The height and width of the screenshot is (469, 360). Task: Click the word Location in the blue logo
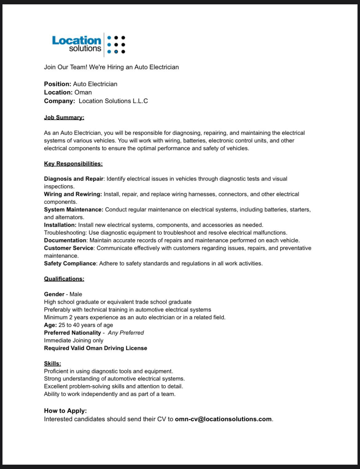[76, 40]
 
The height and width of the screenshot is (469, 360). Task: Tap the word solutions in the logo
[85, 49]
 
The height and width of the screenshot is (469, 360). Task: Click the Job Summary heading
[64, 117]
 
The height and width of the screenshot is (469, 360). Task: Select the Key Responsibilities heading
[73, 164]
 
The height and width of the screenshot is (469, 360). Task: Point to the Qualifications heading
[64, 279]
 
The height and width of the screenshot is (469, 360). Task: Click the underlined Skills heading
[52, 363]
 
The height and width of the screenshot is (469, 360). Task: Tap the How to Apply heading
[65, 410]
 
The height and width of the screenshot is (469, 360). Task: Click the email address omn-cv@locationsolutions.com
[223, 419]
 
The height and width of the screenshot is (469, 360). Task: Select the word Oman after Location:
[83, 92]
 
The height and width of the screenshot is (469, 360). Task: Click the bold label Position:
[58, 84]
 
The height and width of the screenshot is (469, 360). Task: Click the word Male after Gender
[76, 294]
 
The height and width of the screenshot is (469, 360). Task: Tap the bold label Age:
[50, 325]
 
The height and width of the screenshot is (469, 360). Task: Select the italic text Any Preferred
[126, 333]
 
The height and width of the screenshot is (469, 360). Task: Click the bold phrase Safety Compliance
[70, 263]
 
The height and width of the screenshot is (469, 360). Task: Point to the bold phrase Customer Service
[68, 248]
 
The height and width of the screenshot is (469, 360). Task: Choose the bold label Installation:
[60, 225]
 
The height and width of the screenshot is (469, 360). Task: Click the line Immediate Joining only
[74, 340]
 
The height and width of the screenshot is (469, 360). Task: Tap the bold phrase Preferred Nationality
[72, 333]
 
